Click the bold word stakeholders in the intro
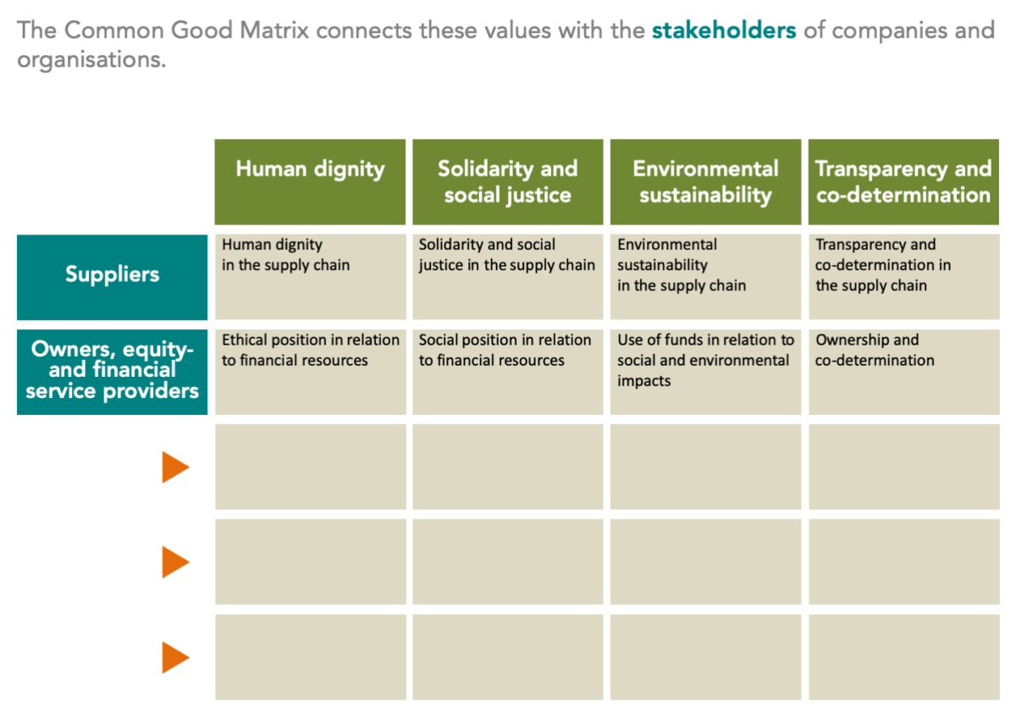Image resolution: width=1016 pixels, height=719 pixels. [x=724, y=30]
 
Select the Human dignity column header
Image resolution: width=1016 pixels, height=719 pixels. [x=310, y=169]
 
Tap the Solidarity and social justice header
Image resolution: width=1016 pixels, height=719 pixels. [x=507, y=181]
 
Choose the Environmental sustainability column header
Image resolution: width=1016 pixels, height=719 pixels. [x=705, y=181]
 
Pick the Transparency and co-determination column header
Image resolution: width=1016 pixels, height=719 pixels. [x=903, y=181]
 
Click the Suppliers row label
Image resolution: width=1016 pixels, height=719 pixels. [x=112, y=275]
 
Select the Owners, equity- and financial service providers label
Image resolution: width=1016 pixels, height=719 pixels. [x=112, y=370]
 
